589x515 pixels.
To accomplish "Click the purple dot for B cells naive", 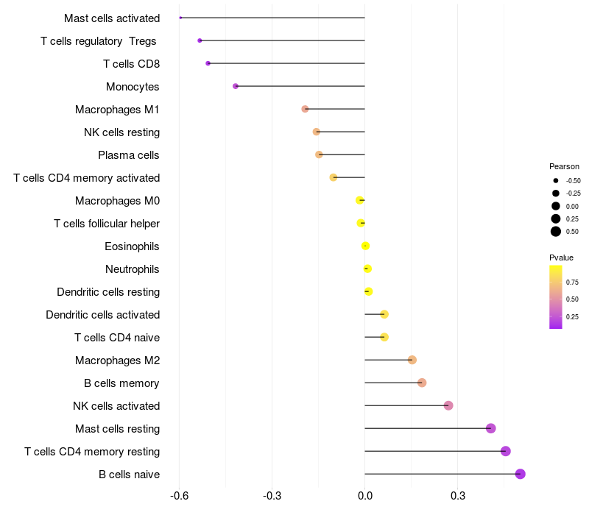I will point(521,474).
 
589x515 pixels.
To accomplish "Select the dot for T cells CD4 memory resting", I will point(505,451).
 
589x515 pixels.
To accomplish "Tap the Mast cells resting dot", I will point(491,428).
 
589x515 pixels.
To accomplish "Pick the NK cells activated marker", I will point(448,405).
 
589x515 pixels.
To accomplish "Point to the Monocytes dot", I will point(236,86).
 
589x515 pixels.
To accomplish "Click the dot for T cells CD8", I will point(208,63).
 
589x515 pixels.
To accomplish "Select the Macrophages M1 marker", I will point(305,109).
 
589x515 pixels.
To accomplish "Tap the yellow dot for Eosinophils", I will point(365,246).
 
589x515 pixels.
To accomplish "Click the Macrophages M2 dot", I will point(412,360).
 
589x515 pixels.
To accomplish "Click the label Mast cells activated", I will point(112,18).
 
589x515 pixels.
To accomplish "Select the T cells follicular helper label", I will point(107,223).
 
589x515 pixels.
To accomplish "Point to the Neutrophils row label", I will point(133,269).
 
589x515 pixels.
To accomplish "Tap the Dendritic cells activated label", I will point(103,314).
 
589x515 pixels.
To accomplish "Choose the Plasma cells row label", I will point(129,154).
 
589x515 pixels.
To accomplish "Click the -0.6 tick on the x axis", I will point(180,496).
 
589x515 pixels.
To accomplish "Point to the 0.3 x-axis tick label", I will point(457,496).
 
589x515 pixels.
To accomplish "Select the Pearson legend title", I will point(564,166).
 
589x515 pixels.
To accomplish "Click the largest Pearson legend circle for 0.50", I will point(556,232).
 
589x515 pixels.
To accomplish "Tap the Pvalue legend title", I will point(561,257).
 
